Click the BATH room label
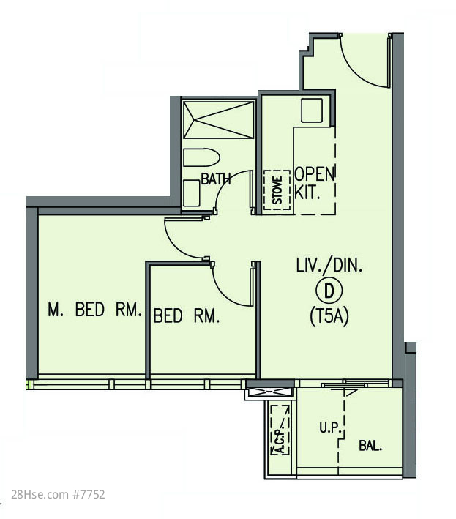coord(216,179)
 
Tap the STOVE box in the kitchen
coord(277,190)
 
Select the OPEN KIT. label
coord(315,183)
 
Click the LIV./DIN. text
coord(329,266)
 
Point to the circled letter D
coord(329,291)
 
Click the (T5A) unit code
coord(329,317)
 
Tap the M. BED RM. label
coord(95,310)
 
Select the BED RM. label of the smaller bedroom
coord(187,315)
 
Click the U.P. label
coord(330,428)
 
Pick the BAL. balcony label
coord(370,446)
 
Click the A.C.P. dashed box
coord(280,430)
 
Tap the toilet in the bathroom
coord(201,157)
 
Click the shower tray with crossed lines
coord(219,120)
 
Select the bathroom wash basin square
coord(192,193)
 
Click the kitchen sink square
coord(312,111)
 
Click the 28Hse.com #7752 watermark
coord(58,495)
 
